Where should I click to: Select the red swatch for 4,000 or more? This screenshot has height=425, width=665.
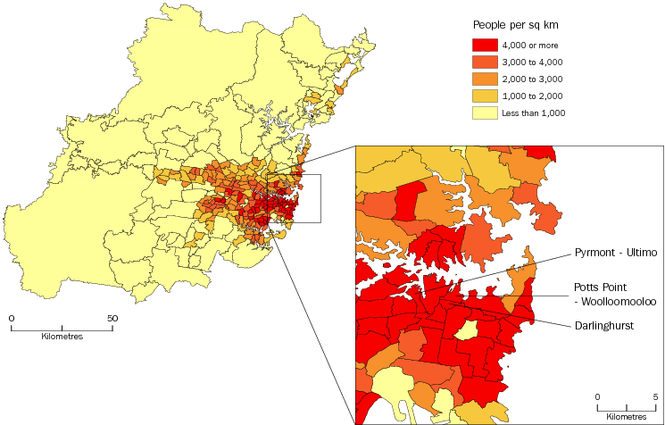[485, 45]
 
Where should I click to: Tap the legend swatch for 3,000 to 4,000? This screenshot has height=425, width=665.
[485, 62]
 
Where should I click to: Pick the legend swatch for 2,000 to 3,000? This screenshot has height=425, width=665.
[485, 79]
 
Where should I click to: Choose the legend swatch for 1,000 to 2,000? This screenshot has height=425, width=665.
[485, 96]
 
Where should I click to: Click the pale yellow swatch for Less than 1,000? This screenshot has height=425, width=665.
[485, 112]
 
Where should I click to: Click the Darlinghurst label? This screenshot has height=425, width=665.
[603, 326]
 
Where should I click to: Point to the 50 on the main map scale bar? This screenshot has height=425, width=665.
[112, 317]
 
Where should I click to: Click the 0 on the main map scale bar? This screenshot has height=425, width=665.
[12, 317]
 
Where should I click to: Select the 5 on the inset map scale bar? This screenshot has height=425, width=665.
[655, 396]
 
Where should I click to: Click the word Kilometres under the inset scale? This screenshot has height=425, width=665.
[627, 416]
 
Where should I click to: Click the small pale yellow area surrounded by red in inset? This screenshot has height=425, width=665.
[465, 331]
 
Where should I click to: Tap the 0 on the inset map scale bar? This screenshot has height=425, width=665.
[598, 396]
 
